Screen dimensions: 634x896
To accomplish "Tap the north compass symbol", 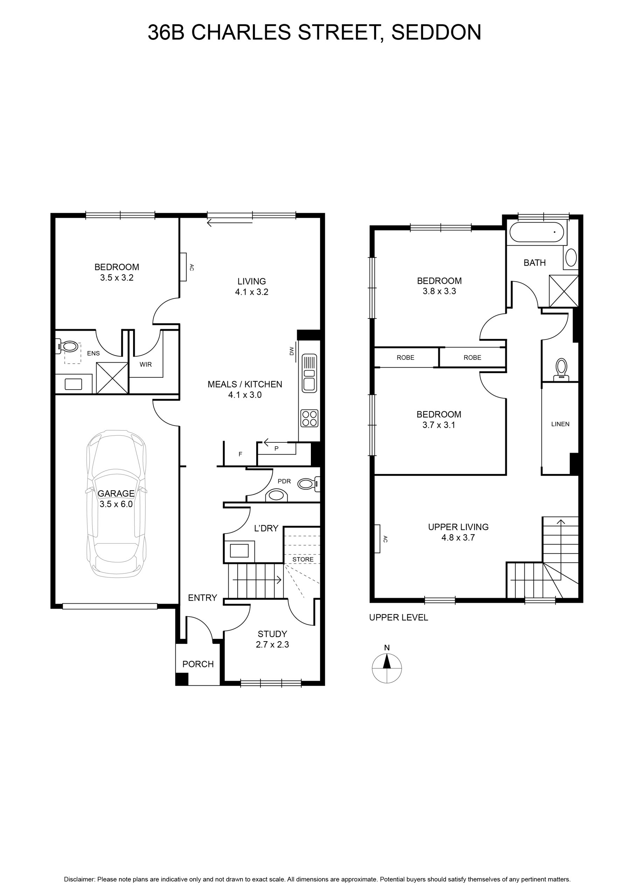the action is click(x=387, y=668).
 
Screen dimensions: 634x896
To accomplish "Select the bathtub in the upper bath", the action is click(x=536, y=233).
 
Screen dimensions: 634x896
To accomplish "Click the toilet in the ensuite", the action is click(x=68, y=346).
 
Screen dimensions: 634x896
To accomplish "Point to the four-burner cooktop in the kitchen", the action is click(x=309, y=418).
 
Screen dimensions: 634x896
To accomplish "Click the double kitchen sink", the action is click(x=309, y=373).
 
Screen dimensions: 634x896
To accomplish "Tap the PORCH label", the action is click(x=198, y=664).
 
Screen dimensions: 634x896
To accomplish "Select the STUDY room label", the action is click(x=272, y=634).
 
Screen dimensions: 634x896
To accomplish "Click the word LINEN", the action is click(x=560, y=424).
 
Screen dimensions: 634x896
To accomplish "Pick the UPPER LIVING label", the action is click(x=458, y=527).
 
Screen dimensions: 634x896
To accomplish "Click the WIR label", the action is click(x=146, y=364).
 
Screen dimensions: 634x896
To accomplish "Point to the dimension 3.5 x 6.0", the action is click(x=116, y=504).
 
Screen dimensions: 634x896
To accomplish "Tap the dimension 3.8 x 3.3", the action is click(x=439, y=291).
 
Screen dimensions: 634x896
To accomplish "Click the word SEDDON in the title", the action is click(x=436, y=33).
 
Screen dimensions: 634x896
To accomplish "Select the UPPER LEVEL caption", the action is click(x=399, y=617).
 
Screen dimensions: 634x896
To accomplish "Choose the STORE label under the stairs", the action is click(x=303, y=559).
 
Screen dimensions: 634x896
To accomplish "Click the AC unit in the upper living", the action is click(x=377, y=539).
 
